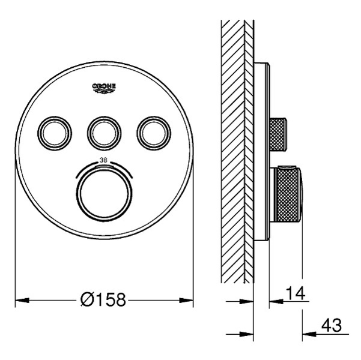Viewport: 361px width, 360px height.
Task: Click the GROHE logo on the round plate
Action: [x=104, y=88]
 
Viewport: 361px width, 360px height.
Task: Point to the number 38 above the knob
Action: [x=103, y=160]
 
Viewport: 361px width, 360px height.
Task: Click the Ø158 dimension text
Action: [x=103, y=299]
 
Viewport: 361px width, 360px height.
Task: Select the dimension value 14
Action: [x=296, y=293]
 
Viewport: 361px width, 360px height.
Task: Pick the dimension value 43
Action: [x=332, y=325]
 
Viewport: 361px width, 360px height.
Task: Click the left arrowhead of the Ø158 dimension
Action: [x=22, y=300]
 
